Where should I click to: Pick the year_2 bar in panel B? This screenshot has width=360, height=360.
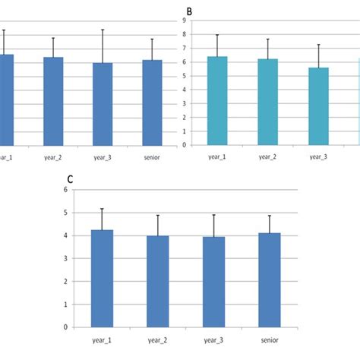(268, 103)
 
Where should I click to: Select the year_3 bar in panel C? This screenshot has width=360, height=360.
(217, 282)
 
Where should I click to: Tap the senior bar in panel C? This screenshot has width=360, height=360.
(275, 279)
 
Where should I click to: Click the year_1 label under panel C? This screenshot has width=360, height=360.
(103, 340)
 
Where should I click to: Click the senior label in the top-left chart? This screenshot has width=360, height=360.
(153, 157)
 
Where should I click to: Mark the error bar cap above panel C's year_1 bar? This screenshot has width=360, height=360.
(103, 208)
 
